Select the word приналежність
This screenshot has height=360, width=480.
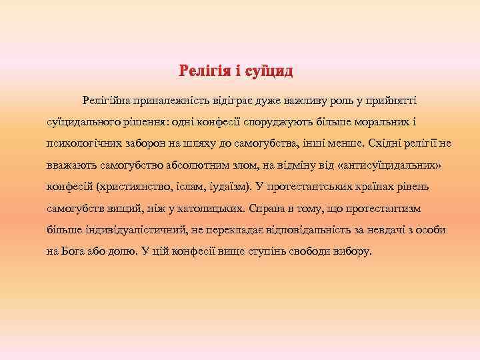click(170, 100)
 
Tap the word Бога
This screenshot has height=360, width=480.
click(75, 253)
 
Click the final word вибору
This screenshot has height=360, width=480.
click(355, 253)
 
